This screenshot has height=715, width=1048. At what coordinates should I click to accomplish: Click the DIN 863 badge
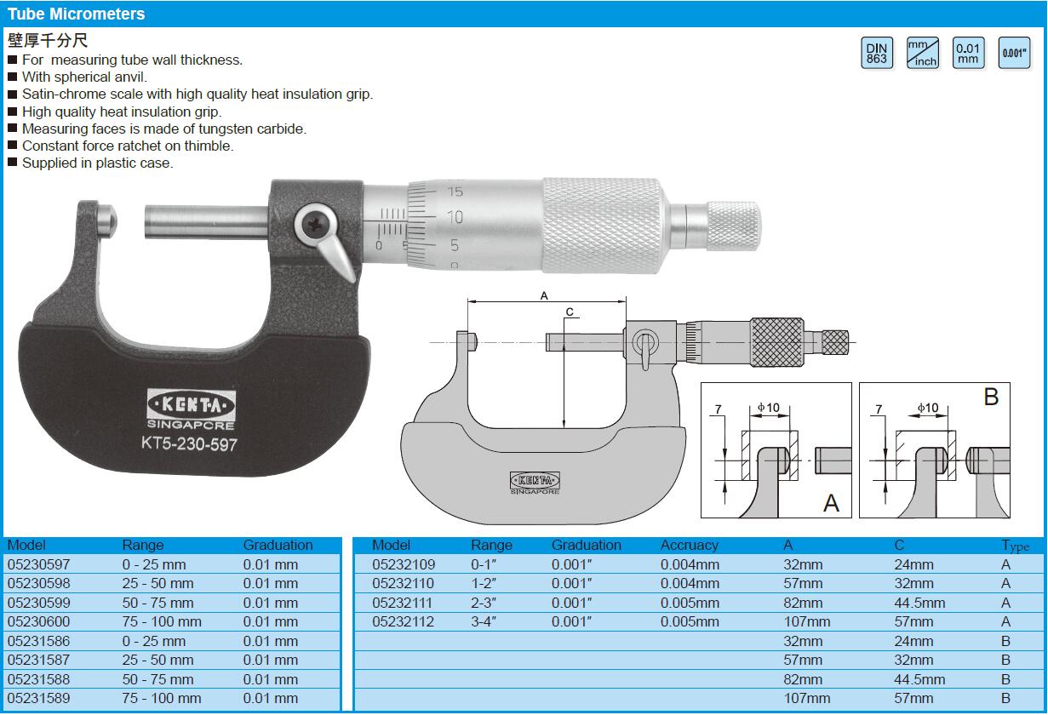pos(877,53)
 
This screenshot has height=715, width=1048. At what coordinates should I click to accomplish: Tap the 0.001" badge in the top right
pos(1014,53)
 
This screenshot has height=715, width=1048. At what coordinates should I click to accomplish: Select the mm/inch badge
pos(923,53)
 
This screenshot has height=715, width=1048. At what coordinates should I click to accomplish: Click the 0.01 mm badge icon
pos(969,53)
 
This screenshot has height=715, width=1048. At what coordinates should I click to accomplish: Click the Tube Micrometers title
pos(77,14)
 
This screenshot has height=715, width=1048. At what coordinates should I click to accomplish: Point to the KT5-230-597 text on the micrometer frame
pos(189,443)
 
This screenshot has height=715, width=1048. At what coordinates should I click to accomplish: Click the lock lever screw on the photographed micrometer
pos(312,226)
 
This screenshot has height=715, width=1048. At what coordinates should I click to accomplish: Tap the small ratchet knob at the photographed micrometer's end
pos(734,226)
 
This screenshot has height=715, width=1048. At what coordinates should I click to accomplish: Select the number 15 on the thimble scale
pos(455,192)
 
